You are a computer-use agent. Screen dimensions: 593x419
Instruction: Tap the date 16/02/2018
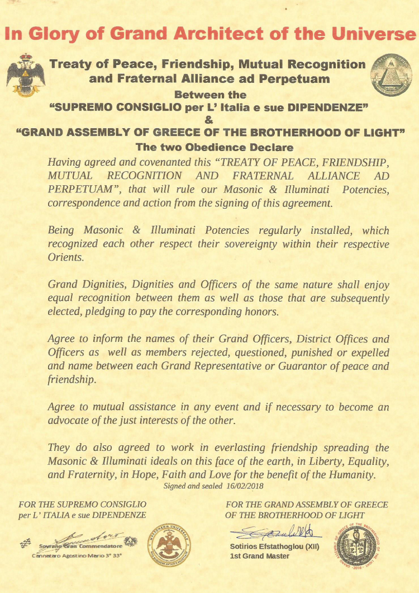(x=245, y=486)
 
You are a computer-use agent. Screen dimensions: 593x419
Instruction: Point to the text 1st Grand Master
(x=260, y=556)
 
